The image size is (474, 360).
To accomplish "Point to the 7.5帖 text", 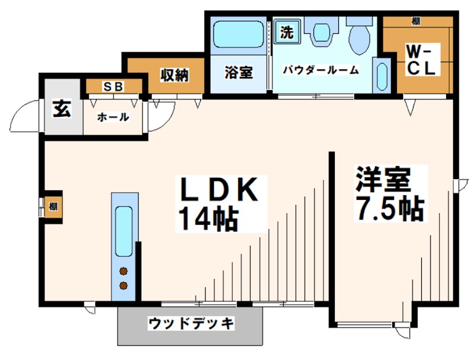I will [389, 208].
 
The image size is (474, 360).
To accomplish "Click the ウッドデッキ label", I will [191, 324].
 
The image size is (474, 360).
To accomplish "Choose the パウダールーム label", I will [320, 71].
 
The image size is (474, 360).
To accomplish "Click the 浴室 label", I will [238, 72].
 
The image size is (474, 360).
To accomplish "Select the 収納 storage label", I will [174, 75].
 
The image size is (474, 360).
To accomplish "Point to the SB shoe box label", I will [114, 87].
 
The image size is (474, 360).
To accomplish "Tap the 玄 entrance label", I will [61, 110].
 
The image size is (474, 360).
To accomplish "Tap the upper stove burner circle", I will [124, 272].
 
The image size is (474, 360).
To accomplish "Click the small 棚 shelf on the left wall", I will [53, 207].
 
